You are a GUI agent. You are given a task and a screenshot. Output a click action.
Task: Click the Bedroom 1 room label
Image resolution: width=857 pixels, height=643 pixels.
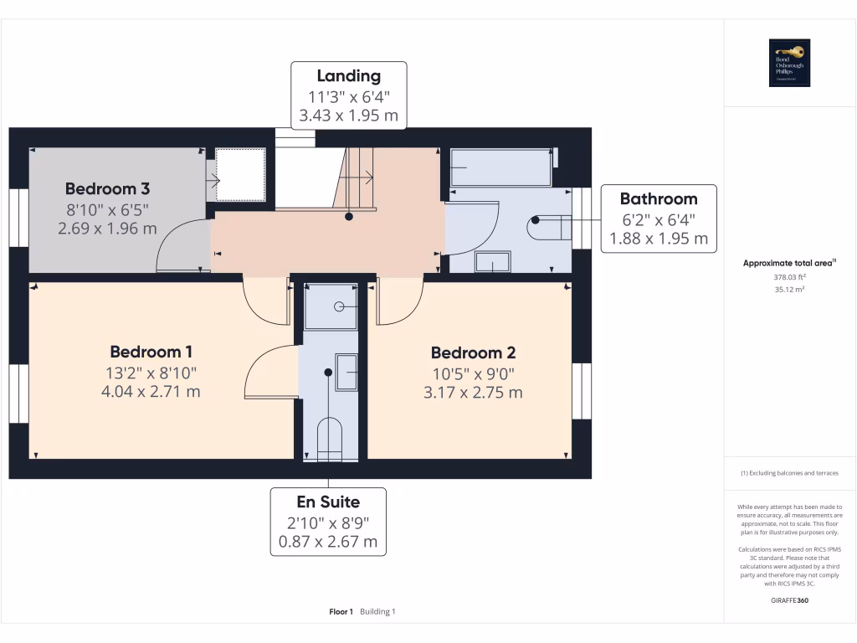coord(157,352)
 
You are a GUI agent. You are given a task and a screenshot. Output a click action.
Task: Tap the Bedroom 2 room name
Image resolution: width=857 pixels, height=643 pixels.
coord(473,352)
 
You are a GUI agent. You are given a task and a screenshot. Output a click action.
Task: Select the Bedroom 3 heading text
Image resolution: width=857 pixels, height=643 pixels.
coord(107,188)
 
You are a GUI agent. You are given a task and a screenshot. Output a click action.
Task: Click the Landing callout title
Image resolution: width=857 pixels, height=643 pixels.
coord(348,76)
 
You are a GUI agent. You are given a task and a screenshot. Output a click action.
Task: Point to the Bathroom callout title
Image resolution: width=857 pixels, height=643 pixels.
coord(658,198)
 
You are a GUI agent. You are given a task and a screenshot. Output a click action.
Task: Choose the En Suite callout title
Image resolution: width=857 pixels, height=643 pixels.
coord(328,502)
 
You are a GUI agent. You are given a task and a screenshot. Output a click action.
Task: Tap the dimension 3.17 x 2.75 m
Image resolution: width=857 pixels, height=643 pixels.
coord(473,392)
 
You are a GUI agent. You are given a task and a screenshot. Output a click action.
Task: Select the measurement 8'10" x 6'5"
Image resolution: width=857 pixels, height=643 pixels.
coord(107,208)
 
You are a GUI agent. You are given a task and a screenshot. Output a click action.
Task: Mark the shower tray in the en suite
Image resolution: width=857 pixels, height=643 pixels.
coord(330,306)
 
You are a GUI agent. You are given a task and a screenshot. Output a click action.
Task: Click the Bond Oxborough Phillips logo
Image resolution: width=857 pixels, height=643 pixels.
coord(790,63)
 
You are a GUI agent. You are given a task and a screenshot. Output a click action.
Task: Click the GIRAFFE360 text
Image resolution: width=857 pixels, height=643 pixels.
coord(789,600)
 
